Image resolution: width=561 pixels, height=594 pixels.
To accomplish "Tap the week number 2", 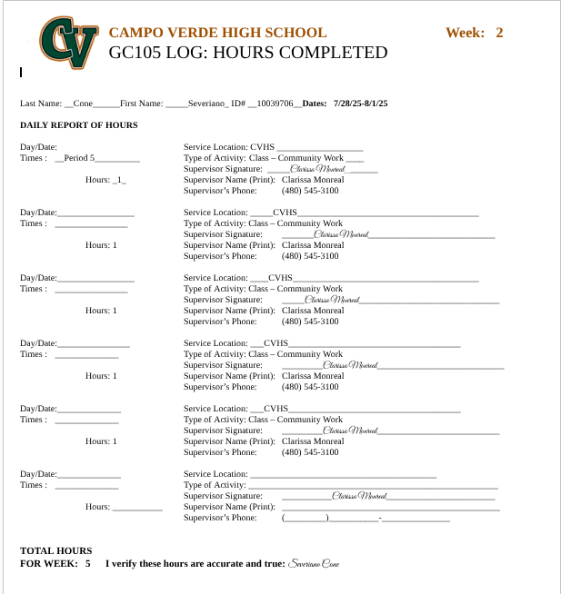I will [x=499, y=33].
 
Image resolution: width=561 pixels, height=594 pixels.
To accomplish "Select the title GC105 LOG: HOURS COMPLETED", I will [x=247, y=53].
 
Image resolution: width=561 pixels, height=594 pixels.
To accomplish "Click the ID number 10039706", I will [x=275, y=104].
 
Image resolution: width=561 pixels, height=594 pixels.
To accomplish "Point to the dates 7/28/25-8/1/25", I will [x=360, y=104].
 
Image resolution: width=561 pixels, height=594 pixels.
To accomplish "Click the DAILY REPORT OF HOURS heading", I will [x=79, y=125].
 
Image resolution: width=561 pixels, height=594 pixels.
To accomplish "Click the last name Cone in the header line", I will [x=83, y=104].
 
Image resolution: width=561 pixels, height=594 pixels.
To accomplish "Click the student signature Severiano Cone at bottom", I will [x=314, y=564].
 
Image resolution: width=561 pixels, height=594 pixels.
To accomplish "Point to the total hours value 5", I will [x=88, y=564].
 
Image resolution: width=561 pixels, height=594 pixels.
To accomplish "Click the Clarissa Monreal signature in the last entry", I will [x=359, y=496].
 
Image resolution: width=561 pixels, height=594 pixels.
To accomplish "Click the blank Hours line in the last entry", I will [x=137, y=508].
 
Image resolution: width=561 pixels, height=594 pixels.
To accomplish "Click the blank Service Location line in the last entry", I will [x=343, y=475].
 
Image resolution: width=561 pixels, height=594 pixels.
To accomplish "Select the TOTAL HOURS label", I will [x=55, y=550].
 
